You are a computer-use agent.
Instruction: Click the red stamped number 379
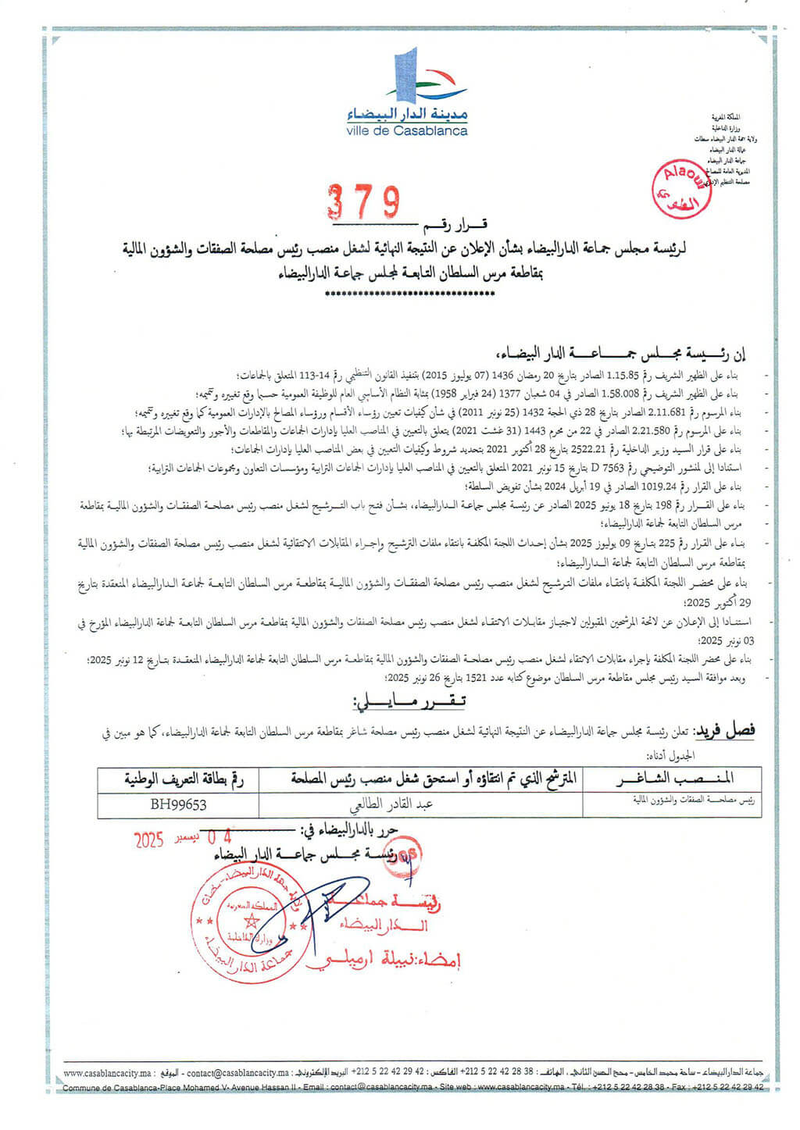[363, 202]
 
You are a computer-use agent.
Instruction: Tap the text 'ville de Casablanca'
[407, 131]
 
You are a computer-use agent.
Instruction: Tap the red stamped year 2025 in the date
[148, 840]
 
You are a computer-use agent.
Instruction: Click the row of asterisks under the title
[408, 294]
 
